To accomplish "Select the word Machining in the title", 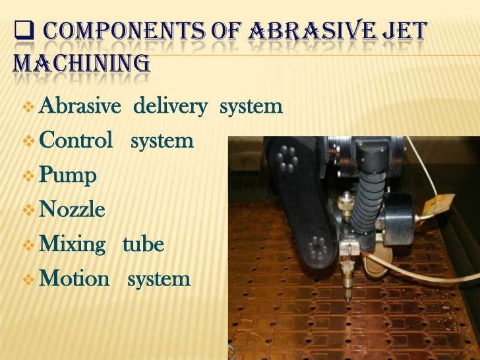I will click(x=82, y=64).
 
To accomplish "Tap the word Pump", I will click(x=68, y=177).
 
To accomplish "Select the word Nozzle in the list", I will click(x=73, y=210).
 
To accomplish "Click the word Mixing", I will click(x=73, y=245).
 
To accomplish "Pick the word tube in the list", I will click(x=143, y=245).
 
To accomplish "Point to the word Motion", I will click(x=75, y=279).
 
